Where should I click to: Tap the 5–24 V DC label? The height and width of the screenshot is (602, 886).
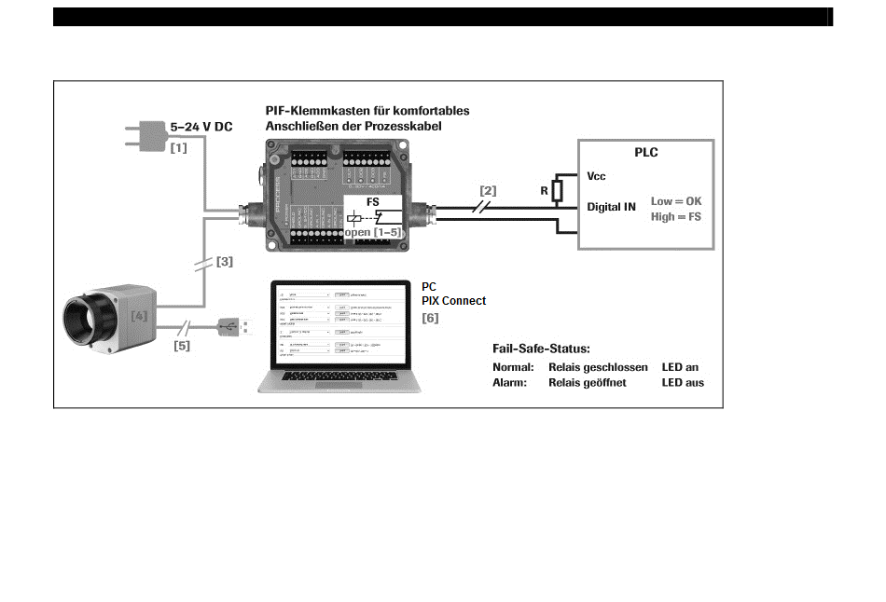point(201,127)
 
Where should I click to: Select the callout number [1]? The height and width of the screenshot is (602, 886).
point(178,147)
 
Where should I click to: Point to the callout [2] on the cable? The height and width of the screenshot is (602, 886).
point(488,190)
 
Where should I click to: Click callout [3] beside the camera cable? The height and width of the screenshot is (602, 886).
point(225,262)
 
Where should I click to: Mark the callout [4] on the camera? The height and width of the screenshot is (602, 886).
point(139,316)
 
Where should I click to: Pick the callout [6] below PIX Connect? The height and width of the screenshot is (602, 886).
point(430,318)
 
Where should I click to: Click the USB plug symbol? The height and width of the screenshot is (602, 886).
point(233,326)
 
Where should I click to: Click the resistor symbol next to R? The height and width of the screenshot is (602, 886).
point(557,191)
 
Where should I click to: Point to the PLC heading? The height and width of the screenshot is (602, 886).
point(646,153)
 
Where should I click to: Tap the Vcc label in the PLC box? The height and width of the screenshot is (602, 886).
point(597,175)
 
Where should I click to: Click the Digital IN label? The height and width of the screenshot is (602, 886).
point(612,206)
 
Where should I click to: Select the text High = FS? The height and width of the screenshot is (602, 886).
point(676,216)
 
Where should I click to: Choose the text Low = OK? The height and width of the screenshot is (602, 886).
point(676,201)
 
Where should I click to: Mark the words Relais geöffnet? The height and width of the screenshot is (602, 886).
point(588,382)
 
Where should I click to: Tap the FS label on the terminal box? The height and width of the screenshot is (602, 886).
point(372,202)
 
